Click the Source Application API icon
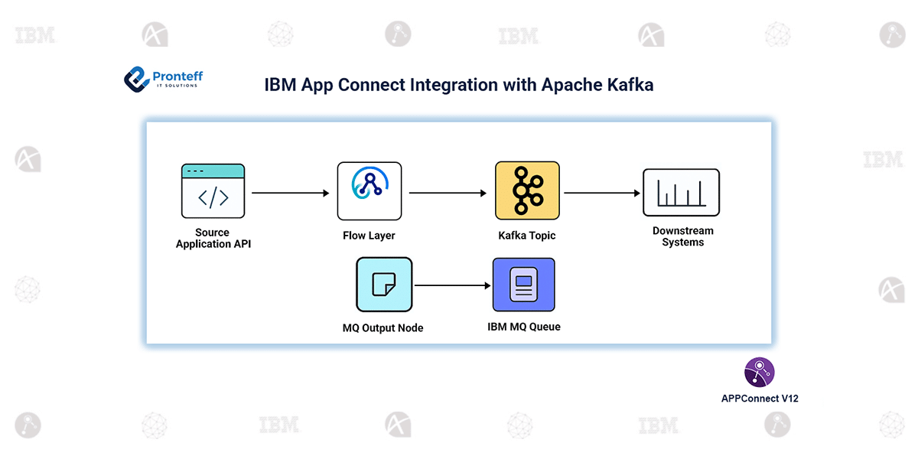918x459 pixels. [213, 191]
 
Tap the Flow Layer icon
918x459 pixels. [369, 191]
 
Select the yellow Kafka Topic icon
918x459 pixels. [527, 191]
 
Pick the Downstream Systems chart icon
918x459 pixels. [681, 193]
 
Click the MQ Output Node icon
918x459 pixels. [384, 285]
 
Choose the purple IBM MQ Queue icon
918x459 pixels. [524, 285]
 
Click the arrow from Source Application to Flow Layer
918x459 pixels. [290, 194]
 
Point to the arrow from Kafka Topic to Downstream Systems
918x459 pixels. [602, 194]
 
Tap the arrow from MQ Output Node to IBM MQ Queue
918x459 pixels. [452, 286]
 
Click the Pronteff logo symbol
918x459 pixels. [137, 79]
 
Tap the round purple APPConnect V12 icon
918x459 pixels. [759, 373]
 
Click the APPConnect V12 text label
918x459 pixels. [760, 399]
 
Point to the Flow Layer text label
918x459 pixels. [369, 236]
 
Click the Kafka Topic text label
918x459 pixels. [527, 236]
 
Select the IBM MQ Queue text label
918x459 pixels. [524, 327]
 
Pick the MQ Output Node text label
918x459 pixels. [382, 327]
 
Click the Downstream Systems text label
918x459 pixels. [683, 236]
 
